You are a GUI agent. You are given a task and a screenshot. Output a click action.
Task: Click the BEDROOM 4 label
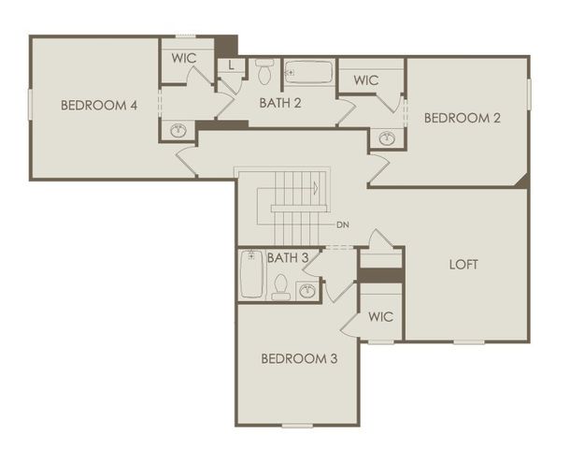point(99,105)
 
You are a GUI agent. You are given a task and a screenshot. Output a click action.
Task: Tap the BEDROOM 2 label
point(463,118)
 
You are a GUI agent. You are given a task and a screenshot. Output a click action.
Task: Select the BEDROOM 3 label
point(299,358)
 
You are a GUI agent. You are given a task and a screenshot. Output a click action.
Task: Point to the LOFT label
point(463,264)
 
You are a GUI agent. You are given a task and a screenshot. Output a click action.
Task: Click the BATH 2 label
point(280,103)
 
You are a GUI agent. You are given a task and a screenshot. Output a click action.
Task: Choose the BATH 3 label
point(288,257)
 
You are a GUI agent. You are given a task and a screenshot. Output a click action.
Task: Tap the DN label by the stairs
point(343,224)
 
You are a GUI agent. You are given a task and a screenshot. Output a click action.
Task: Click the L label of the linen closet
point(232,65)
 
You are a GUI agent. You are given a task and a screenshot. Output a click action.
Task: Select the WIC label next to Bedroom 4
point(184,57)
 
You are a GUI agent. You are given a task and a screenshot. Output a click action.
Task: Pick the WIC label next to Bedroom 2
point(366,80)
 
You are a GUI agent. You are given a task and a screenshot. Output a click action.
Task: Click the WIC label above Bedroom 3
point(380,316)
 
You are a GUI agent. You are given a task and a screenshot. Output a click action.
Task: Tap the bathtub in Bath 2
point(308,71)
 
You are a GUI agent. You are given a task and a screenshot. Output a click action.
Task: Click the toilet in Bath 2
point(264,70)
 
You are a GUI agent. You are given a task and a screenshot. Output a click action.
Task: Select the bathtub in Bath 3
point(251,274)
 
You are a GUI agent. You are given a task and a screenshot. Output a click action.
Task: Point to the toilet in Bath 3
point(280,285)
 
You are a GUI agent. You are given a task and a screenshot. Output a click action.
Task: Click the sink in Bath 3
point(307,290)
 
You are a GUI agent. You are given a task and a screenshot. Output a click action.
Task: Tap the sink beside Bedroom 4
point(178,130)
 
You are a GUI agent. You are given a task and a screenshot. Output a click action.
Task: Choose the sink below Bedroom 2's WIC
point(387,138)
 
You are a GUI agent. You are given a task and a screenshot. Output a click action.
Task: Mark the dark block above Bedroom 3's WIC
point(381,275)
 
